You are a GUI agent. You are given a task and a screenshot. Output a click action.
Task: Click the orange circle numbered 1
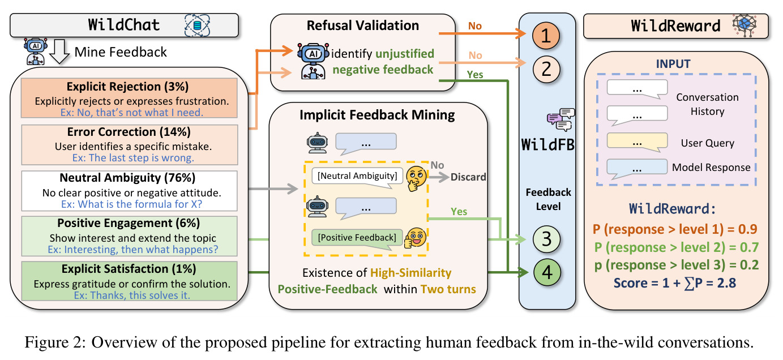click(x=546, y=36)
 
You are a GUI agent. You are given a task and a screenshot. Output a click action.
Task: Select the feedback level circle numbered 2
click(x=546, y=69)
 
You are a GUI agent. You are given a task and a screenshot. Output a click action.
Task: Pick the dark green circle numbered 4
click(x=547, y=272)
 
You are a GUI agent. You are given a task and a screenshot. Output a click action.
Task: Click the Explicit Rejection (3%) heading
click(x=127, y=87)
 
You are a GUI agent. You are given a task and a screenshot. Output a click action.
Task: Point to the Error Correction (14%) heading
click(x=129, y=132)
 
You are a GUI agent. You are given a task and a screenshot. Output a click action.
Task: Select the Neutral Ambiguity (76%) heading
click(x=127, y=178)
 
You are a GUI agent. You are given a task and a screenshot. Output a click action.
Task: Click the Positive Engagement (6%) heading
click(x=129, y=223)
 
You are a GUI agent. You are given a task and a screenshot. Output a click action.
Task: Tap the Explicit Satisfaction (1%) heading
click(x=129, y=269)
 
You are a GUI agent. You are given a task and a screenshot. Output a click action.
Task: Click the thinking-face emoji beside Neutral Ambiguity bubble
click(x=416, y=178)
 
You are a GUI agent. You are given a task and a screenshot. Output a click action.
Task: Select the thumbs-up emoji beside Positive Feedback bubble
click(x=415, y=238)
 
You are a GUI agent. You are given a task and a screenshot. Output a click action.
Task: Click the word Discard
click(x=468, y=177)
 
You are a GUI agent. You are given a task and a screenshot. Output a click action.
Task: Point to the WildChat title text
click(x=124, y=25)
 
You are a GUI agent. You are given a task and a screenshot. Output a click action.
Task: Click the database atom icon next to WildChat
click(x=197, y=25)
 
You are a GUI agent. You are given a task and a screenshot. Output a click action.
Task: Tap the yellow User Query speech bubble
click(x=637, y=142)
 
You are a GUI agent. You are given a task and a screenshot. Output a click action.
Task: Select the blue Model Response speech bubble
click(x=637, y=168)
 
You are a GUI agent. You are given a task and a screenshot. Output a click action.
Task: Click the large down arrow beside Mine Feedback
click(x=59, y=52)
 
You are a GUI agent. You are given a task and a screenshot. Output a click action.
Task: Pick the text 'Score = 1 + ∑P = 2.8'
click(x=675, y=283)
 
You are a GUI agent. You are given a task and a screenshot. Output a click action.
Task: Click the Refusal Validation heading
click(x=363, y=25)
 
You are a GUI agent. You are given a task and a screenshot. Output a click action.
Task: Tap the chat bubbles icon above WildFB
click(x=560, y=119)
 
